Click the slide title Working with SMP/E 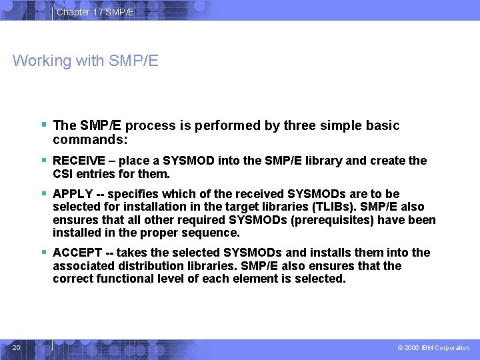[85, 61]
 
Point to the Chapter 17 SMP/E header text [95, 12]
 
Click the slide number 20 [17, 347]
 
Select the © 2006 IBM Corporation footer [433, 348]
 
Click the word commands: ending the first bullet [90, 141]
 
